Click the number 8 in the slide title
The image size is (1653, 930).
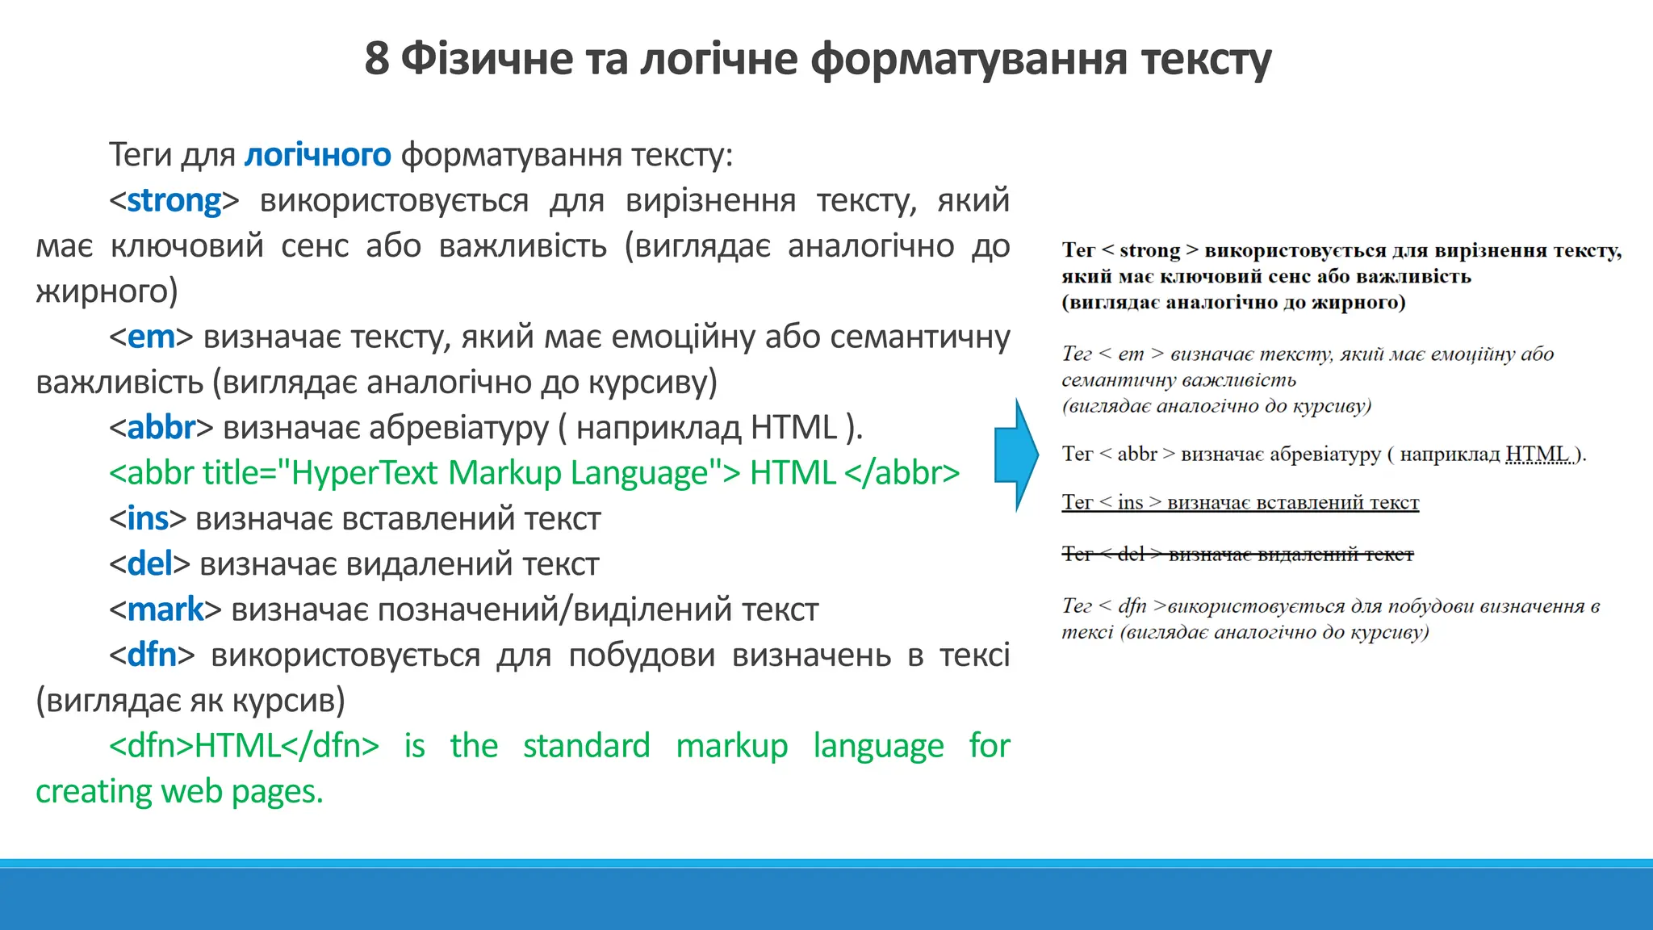(376, 59)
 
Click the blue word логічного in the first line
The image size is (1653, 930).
(317, 154)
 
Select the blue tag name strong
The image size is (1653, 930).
(174, 200)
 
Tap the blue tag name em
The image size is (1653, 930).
(151, 337)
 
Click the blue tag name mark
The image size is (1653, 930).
(165, 610)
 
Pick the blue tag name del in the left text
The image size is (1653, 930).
(150, 564)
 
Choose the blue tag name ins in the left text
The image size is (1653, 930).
(148, 518)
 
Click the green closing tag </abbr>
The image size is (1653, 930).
(902, 473)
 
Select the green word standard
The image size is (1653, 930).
(586, 745)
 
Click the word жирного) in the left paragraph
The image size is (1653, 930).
(107, 291)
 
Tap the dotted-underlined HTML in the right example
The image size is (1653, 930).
(1538, 454)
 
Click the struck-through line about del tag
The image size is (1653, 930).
(1237, 554)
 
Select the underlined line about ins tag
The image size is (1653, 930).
(1240, 502)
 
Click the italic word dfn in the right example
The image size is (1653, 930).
(1132, 605)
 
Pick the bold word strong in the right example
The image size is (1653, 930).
(1149, 250)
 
